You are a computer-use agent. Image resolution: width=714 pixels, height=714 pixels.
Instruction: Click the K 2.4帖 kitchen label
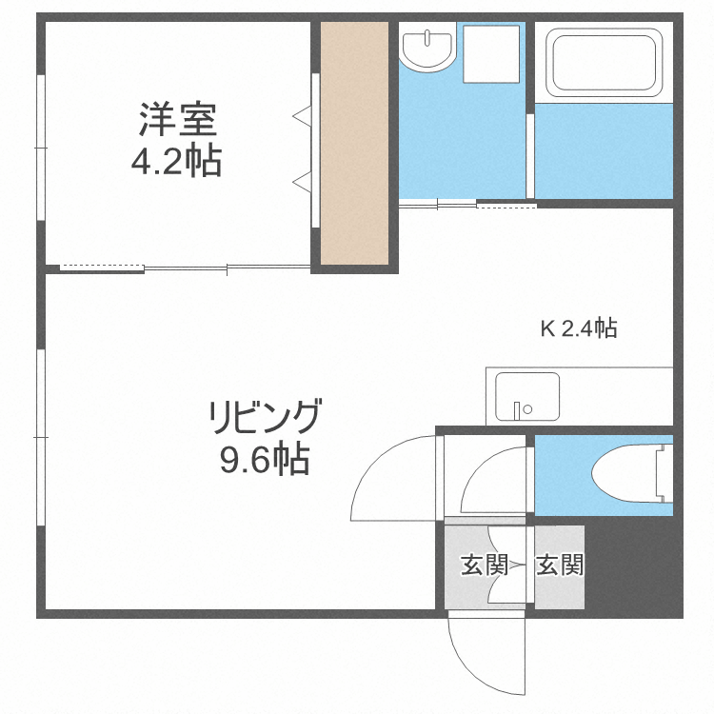click(x=579, y=329)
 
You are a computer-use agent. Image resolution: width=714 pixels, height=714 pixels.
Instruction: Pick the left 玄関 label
click(x=485, y=565)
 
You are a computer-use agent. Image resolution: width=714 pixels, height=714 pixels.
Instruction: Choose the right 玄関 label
click(x=559, y=565)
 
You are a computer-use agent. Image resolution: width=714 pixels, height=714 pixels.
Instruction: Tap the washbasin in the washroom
click(x=426, y=48)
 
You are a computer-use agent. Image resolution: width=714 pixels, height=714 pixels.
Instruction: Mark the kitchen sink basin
click(x=527, y=395)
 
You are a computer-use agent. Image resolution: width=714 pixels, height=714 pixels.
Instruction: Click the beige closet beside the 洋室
click(x=354, y=143)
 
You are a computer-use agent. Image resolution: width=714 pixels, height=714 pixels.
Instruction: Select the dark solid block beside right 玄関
click(x=633, y=571)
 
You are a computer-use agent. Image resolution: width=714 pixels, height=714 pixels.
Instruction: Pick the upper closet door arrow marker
click(x=303, y=116)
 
